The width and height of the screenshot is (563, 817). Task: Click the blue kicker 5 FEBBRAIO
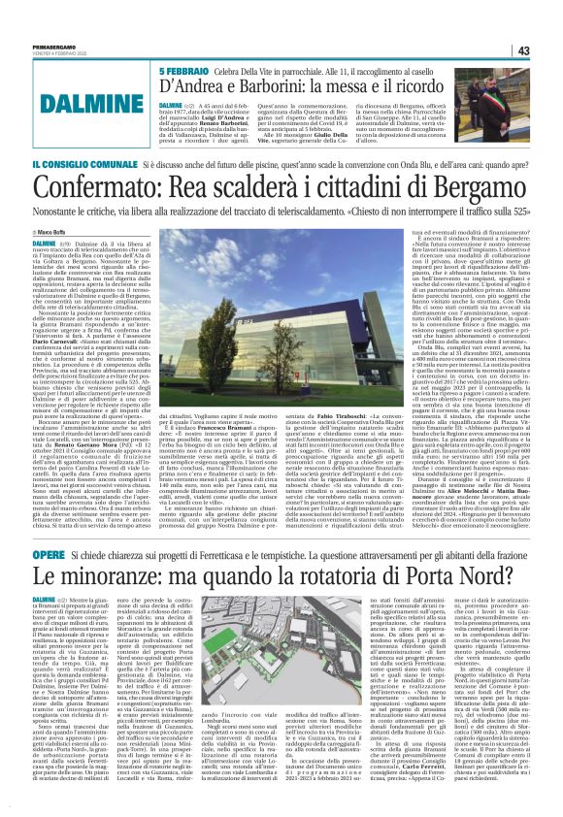pos(182,74)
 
